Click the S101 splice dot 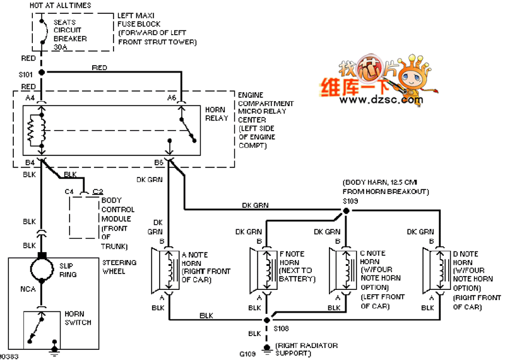coord(42,73)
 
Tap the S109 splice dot coord(347,209)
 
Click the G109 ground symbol coord(268,348)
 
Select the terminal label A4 coord(30,98)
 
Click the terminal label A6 coord(171,98)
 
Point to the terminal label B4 coord(30,163)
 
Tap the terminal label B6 coord(158,163)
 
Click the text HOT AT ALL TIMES coord(60,6)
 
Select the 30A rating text coord(60,46)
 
